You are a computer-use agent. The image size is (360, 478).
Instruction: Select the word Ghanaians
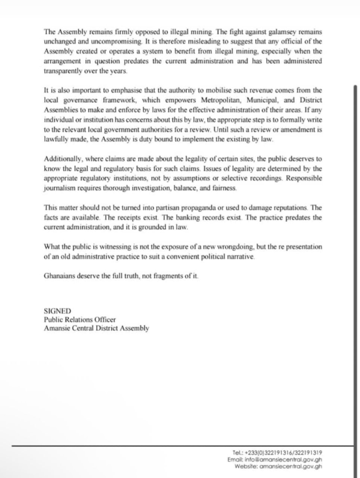[x=60, y=275]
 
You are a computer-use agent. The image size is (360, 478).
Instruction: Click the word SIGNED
[x=57, y=311]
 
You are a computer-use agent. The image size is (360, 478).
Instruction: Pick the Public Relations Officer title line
[x=80, y=320]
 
